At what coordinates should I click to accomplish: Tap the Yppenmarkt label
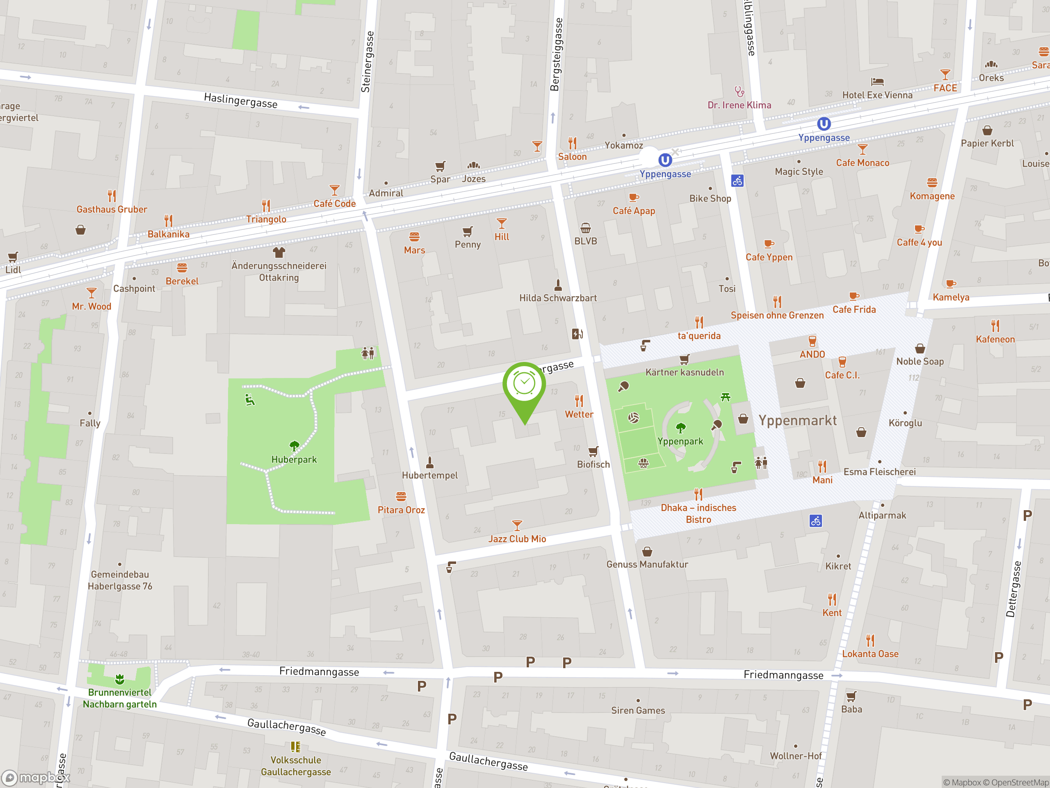(797, 420)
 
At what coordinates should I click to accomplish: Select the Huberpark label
(294, 459)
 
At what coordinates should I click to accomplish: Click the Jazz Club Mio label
(517, 538)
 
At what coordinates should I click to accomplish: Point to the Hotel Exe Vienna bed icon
(877, 82)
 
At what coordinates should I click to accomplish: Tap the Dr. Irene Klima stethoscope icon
(739, 91)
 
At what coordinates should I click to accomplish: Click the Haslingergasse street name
(240, 100)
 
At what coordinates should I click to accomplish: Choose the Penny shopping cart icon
(468, 231)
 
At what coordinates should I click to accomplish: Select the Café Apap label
(634, 211)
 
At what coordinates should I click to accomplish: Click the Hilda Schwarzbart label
(558, 298)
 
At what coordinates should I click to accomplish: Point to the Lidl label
(13, 270)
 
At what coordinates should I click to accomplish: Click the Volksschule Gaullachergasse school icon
(295, 747)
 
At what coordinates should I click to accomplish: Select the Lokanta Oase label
(870, 653)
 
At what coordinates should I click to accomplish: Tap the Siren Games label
(637, 710)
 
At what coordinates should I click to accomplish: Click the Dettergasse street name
(1013, 589)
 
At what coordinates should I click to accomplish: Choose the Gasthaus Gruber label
(112, 209)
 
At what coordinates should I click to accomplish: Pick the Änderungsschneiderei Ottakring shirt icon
(278, 252)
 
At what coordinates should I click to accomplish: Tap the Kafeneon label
(995, 339)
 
